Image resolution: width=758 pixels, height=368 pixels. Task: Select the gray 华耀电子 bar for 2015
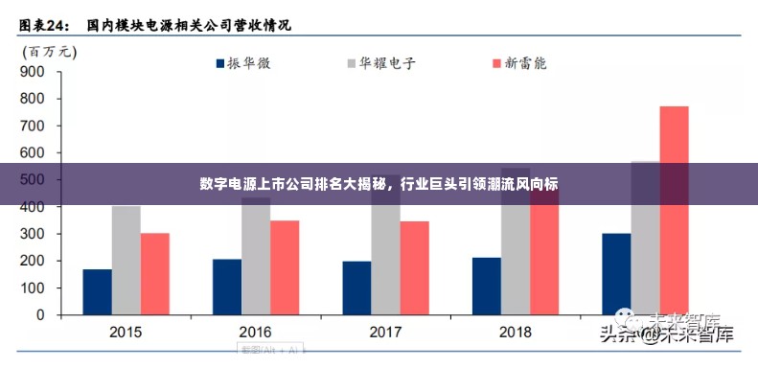pos(126,260)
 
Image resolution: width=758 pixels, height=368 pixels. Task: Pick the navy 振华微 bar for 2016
pos(227,287)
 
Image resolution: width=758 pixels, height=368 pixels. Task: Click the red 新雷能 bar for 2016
pos(285,267)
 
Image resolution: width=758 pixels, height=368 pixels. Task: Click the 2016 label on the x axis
pos(255,332)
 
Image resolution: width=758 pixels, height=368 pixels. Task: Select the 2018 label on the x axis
pos(515,332)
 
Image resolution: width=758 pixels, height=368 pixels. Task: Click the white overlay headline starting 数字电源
pos(379,183)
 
